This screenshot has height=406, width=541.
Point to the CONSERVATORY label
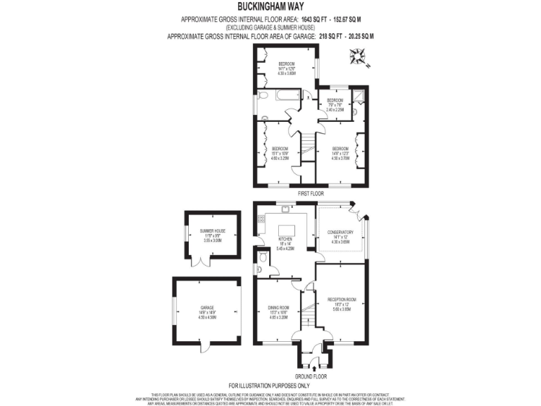coord(341,232)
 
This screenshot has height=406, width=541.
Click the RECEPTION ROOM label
coord(342,300)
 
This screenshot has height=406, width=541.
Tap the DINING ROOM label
coord(279,307)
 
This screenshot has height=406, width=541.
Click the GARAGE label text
coord(207,308)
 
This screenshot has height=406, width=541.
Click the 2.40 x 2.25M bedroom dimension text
coord(335,110)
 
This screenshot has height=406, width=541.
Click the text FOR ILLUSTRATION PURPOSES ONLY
coord(270,386)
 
